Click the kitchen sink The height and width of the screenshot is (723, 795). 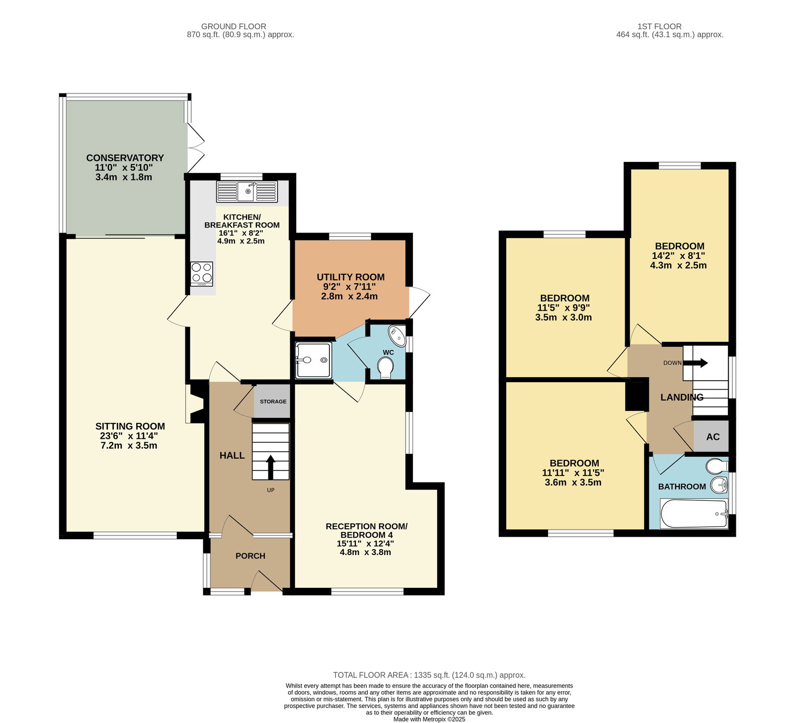(x=246, y=191)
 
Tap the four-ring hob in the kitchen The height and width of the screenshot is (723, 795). (x=201, y=274)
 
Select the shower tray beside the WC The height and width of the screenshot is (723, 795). (x=313, y=360)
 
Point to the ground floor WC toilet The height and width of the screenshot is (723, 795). (x=386, y=368)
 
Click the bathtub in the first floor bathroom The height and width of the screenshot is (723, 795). (x=694, y=514)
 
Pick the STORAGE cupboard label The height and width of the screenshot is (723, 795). (x=273, y=402)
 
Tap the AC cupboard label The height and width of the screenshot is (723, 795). (x=713, y=437)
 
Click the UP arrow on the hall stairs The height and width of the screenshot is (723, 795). (x=271, y=467)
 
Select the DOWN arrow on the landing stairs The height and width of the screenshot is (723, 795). (x=696, y=363)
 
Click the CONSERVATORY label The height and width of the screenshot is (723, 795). (x=125, y=158)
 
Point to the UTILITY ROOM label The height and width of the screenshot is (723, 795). (x=351, y=277)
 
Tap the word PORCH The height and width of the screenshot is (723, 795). (x=250, y=556)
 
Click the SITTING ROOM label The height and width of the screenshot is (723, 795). (x=130, y=426)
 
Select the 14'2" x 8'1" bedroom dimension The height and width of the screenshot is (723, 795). (x=679, y=256)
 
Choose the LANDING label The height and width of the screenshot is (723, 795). (x=682, y=398)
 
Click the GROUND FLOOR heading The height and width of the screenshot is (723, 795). (x=234, y=26)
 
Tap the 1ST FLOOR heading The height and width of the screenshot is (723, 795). (x=659, y=26)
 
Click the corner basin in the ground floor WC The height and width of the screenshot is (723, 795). (x=397, y=335)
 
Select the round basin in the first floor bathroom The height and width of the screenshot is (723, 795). (x=719, y=485)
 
